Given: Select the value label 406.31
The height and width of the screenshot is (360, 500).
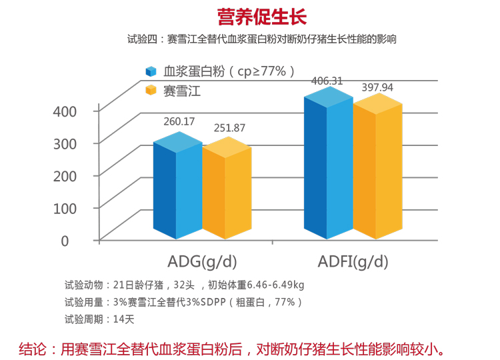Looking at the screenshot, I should (327, 81).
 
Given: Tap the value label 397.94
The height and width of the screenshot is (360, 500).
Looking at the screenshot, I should (377, 87).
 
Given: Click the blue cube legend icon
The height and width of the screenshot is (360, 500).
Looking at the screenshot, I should (151, 72).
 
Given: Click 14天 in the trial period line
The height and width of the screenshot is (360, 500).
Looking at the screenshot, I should (124, 319).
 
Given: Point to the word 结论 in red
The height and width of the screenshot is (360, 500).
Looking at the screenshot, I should (33, 348).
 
